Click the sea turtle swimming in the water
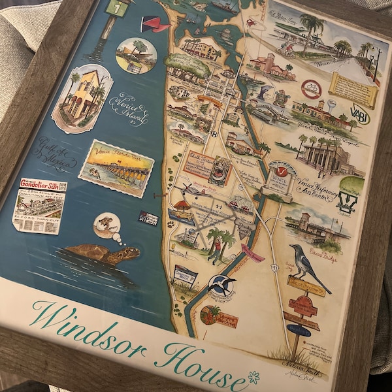(105, 253)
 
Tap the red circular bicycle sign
(311, 90)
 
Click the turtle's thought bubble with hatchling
(106, 225)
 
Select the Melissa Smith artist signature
(297, 366)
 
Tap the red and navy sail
(154, 25)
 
